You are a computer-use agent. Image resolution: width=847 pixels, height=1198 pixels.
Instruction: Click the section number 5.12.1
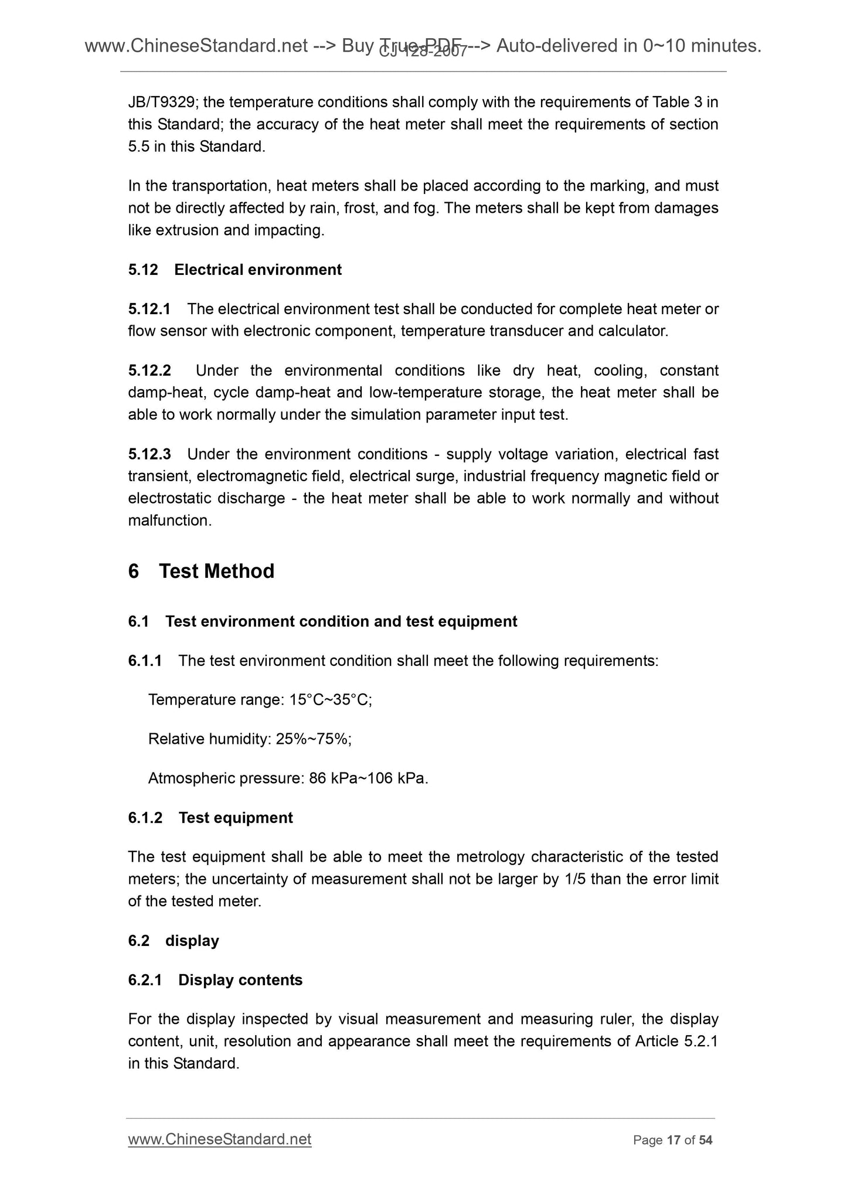pos(149,309)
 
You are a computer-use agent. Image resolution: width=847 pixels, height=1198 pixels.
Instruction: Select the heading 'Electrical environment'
pos(258,270)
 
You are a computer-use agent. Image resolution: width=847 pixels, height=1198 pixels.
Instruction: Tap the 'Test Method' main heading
pos(216,571)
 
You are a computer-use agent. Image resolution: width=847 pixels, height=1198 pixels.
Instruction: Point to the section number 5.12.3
pos(149,454)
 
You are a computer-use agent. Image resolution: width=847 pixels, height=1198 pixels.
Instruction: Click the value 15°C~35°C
pos(331,700)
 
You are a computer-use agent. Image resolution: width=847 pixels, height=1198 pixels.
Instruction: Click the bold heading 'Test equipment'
pos(236,818)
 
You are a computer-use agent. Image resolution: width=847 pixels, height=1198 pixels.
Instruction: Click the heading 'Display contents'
pos(240,980)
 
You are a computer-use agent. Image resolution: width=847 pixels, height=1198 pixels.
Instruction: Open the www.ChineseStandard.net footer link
pos(220,1139)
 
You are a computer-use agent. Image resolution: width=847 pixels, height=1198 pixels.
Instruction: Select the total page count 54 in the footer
pos(706,1140)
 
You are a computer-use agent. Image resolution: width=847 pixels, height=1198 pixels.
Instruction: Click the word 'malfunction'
pos(169,520)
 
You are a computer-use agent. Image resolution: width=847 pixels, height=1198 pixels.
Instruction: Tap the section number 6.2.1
pos(145,980)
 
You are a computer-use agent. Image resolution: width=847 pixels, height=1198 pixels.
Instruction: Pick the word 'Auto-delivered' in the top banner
pos(564,46)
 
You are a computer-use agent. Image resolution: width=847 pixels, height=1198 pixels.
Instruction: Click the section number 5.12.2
pos(149,371)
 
